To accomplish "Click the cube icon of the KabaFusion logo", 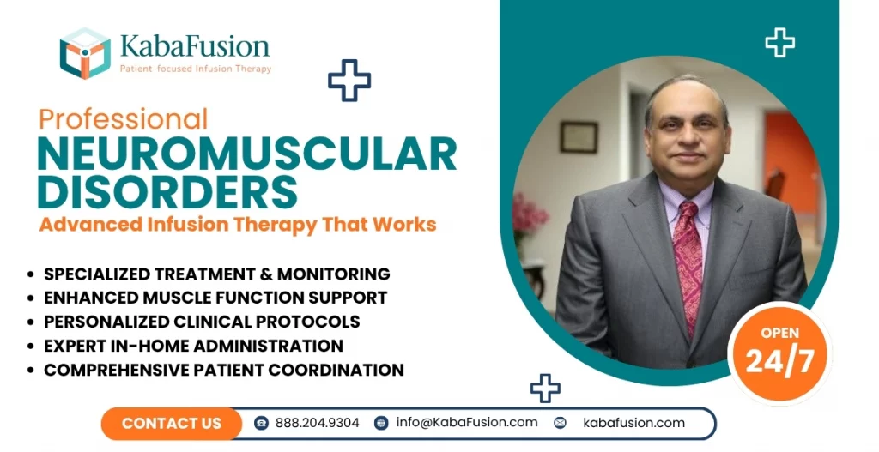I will [85, 53].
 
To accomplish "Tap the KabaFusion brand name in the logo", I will [194, 45].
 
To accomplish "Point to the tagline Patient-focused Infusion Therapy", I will [194, 69].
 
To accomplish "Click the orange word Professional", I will [123, 118].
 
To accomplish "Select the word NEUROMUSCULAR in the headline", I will [246, 154].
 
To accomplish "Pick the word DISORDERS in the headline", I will [167, 191].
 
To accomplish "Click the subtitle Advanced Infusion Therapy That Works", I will [237, 226].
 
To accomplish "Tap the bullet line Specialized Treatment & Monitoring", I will [216, 274].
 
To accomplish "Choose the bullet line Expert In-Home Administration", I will [193, 347].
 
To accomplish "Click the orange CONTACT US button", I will [172, 423].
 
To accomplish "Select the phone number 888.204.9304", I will [317, 423].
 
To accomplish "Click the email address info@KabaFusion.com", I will [467, 422].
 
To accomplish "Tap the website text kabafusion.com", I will [633, 423].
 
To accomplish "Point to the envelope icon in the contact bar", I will [561, 423].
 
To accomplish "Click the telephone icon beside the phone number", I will [262, 423].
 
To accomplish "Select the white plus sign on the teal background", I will [779, 42].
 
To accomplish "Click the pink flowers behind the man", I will [529, 214].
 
